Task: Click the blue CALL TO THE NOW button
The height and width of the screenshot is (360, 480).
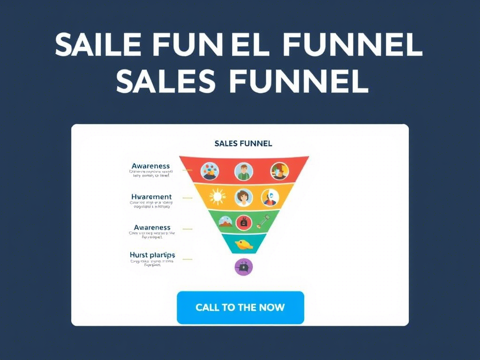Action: coord(240,307)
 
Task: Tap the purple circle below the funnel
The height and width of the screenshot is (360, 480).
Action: coord(243,267)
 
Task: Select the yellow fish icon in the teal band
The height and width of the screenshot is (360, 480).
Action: coord(243,244)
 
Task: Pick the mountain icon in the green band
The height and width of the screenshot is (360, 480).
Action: coord(225,222)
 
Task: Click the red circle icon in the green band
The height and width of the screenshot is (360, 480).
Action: coord(243,222)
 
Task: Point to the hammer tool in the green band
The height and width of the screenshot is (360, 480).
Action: coord(262,222)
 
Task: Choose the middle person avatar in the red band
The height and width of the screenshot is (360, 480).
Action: coord(243,172)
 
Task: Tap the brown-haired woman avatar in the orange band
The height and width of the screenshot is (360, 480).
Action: coord(243,197)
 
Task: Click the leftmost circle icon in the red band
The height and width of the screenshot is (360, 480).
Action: coord(210,171)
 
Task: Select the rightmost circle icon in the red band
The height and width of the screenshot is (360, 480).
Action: coord(279,171)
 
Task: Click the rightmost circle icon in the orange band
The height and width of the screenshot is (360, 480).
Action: coord(270,197)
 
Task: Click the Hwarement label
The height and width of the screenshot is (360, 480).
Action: coord(151,197)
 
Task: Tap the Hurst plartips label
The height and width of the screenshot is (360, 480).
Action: coord(152,255)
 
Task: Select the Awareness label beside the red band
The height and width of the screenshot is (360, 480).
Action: coord(150,166)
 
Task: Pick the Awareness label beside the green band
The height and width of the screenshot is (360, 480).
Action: coord(151,228)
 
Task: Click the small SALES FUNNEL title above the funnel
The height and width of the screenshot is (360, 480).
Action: coord(243,143)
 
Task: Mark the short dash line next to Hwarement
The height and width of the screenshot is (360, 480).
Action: coord(187,198)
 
